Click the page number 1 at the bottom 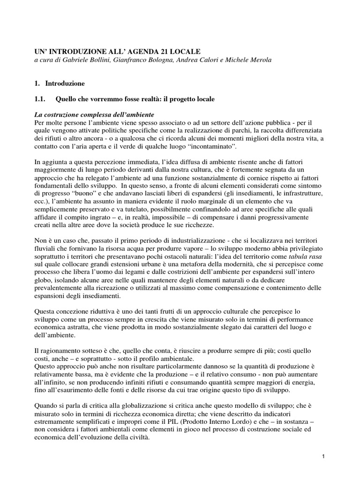click(x=323, y=457)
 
